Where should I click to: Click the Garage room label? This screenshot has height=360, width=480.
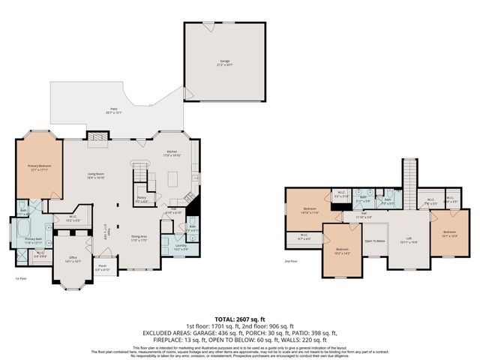coord(224,62)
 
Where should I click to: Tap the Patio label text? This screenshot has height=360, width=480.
coord(114,111)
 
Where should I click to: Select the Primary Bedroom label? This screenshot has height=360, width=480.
coord(38,167)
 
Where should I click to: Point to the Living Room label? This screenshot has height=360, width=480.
coord(94,176)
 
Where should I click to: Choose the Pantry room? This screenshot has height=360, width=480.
coord(141,199)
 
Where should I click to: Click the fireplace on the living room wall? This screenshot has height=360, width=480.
coord(95,136)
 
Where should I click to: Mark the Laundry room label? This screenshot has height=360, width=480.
coord(181,246)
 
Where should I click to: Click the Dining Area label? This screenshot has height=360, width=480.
coord(139,238)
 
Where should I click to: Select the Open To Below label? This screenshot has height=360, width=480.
coord(375,241)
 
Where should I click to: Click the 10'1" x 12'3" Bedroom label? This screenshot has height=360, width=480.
coord(449,234)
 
